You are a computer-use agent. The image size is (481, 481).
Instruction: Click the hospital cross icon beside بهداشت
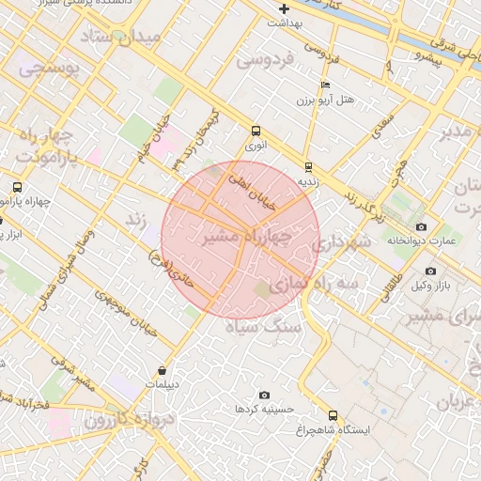[284, 8]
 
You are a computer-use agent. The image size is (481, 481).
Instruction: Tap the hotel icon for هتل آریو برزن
[326, 85]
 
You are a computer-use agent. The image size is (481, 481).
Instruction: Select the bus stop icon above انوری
[256, 132]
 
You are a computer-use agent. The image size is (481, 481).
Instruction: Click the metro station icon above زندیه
[308, 167]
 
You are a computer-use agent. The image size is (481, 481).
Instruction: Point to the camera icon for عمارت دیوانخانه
[420, 226]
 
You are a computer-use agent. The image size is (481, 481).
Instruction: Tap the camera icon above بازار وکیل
[430, 271]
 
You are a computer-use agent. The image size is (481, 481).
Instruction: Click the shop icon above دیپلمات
[163, 370]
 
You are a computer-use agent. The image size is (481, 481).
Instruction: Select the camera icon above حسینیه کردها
[264, 395]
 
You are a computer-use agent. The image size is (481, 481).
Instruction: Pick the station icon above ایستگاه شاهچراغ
[333, 415]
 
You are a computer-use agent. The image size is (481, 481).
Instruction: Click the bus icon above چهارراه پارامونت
[17, 187]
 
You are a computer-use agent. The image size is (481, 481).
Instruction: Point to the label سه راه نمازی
[314, 282]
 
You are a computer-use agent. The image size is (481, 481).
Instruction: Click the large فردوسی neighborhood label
[265, 59]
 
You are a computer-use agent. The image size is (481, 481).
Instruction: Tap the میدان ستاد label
[122, 38]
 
